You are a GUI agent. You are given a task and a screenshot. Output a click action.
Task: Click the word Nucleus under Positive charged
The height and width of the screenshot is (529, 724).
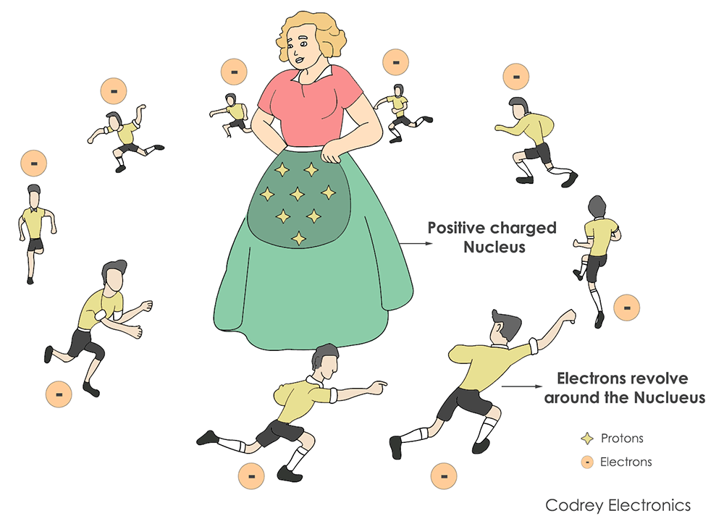494,247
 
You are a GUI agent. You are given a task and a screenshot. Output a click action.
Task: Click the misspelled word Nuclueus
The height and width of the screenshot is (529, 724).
670,397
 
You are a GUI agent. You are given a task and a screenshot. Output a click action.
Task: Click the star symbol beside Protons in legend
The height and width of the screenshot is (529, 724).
587,439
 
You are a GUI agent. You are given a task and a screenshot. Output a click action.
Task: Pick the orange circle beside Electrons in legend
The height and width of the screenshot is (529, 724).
587,462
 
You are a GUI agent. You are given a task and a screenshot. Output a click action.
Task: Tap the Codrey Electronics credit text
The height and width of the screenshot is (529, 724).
618,505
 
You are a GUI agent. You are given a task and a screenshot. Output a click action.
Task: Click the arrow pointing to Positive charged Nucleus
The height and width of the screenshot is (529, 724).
416,243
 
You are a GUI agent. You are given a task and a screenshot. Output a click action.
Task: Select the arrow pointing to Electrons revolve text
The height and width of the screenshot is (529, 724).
522,386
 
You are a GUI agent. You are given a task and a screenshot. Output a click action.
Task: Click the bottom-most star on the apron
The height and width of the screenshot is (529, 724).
299,238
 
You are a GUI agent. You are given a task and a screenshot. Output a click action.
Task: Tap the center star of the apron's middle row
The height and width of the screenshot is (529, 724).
298,193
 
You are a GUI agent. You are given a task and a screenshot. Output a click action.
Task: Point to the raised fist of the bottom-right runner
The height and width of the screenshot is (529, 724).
568,317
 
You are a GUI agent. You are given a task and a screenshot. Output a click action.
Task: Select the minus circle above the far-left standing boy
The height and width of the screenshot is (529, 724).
34,164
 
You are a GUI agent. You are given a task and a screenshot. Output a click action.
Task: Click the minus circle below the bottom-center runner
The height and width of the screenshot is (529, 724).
251,476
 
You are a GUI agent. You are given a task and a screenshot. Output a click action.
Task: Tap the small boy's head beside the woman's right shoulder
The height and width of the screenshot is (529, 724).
399,90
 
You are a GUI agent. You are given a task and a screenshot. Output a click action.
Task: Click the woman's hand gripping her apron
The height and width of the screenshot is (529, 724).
332,151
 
